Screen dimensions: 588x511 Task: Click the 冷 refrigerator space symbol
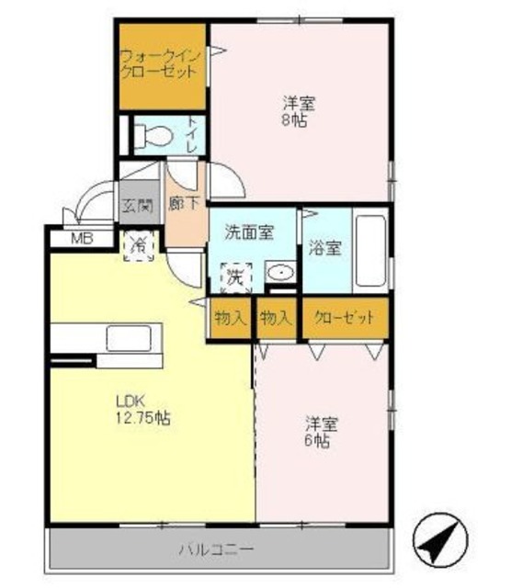[x=138, y=246]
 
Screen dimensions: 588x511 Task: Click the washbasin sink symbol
[x=279, y=274]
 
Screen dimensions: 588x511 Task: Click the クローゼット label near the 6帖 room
[x=344, y=318]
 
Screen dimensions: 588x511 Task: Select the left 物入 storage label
[x=229, y=318]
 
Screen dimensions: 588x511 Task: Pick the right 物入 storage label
[x=277, y=318]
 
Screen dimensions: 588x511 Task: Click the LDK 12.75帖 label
[x=142, y=408]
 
